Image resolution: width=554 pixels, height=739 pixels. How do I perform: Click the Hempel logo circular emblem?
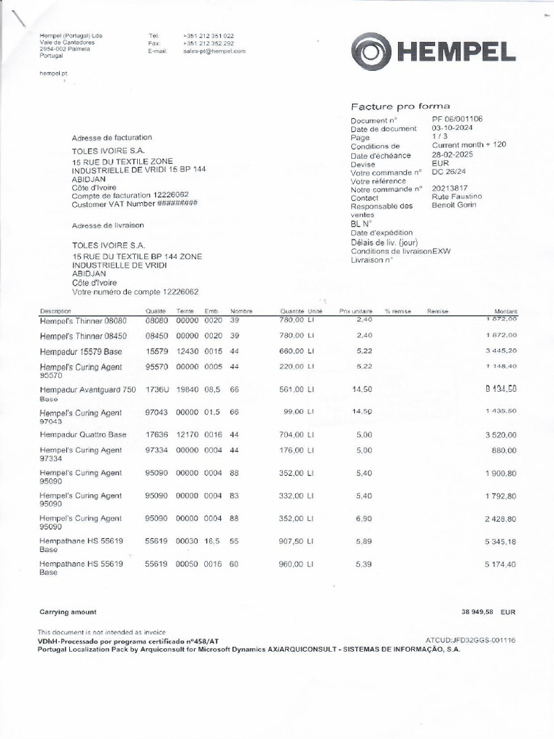click(371, 52)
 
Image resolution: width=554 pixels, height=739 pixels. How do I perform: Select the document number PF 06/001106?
click(457, 119)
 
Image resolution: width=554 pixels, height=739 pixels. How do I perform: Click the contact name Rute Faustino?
click(457, 196)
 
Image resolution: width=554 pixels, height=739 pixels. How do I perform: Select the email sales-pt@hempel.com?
click(214, 51)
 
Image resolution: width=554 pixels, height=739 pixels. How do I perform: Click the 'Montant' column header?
click(504, 311)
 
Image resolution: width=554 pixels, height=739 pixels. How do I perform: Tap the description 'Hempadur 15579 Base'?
click(81, 351)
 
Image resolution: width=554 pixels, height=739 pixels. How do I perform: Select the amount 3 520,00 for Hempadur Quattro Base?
click(500, 435)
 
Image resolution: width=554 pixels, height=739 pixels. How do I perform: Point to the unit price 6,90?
click(364, 519)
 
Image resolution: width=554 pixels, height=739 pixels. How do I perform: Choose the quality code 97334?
click(157, 450)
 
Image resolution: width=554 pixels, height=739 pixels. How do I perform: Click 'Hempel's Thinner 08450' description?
click(83, 336)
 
